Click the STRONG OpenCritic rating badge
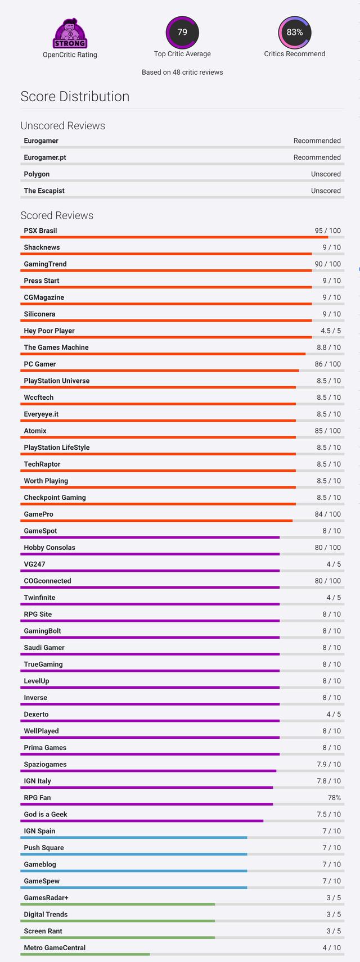tap(70, 34)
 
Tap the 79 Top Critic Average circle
tap(182, 32)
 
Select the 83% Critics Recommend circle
tap(295, 32)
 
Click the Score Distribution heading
tap(75, 96)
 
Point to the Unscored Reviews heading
tap(62, 125)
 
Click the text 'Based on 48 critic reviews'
tap(182, 72)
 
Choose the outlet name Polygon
tap(37, 174)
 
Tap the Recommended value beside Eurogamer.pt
tap(317, 157)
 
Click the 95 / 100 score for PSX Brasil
tap(327, 231)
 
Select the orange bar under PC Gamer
tap(160, 371)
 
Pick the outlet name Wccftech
tap(39, 398)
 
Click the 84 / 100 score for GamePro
tap(327, 514)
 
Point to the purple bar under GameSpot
tap(150, 538)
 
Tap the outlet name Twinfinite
tap(39, 598)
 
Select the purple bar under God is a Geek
tap(142, 821)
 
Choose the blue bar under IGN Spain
tap(134, 838)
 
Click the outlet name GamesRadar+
tap(46, 898)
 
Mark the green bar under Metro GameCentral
tap(85, 954)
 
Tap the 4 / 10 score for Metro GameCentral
tap(331, 947)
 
